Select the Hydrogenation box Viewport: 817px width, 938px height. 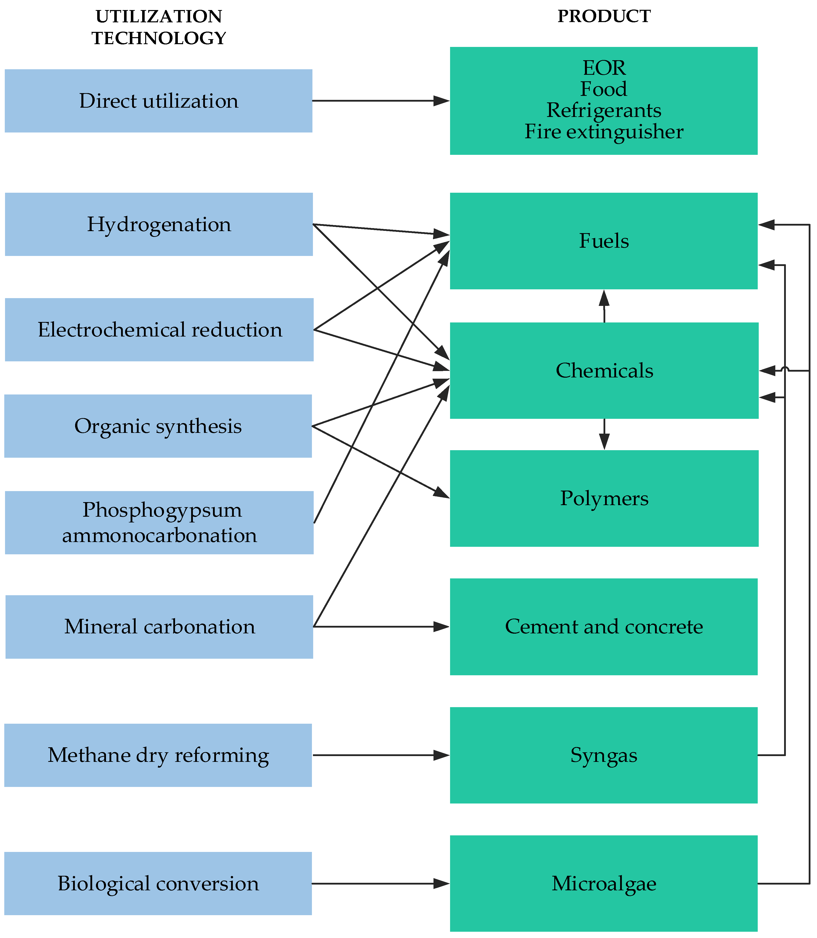tap(159, 224)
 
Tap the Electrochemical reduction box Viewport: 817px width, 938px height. tap(159, 329)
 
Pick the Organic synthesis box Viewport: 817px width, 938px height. tap(158, 426)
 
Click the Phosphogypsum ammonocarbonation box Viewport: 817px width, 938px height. tap(159, 522)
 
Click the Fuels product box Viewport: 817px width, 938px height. tap(603, 241)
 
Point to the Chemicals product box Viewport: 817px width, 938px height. tap(604, 370)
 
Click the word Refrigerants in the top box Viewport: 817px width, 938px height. tap(604, 110)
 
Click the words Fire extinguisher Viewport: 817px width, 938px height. tap(604, 132)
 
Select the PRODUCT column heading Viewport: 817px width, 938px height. tap(604, 16)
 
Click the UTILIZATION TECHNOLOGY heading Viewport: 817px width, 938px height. tap(159, 27)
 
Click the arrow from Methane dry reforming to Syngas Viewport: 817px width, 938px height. tap(381, 755)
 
